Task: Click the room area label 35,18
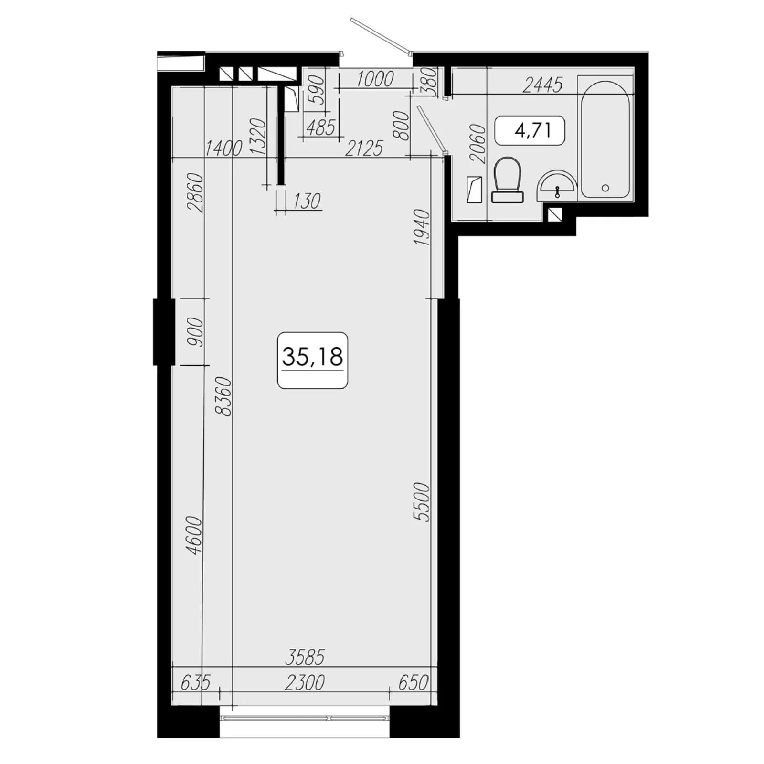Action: tap(313, 356)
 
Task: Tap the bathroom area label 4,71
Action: tap(532, 130)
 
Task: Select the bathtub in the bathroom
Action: tap(605, 139)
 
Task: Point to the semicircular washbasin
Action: tap(557, 186)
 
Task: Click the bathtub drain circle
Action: tap(605, 188)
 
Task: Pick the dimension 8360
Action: tap(223, 396)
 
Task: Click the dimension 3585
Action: tap(305, 657)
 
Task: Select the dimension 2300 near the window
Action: tap(305, 682)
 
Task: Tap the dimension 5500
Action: tap(423, 502)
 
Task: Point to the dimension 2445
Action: tap(543, 85)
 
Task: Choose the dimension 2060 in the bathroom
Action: tap(477, 144)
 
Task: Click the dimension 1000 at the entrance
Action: tap(375, 79)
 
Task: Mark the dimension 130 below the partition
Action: tap(306, 201)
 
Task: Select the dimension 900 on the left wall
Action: tap(195, 332)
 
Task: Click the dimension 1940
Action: tap(423, 228)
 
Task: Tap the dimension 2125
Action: tap(364, 149)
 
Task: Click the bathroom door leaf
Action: tap(432, 129)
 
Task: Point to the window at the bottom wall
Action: tap(305, 718)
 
